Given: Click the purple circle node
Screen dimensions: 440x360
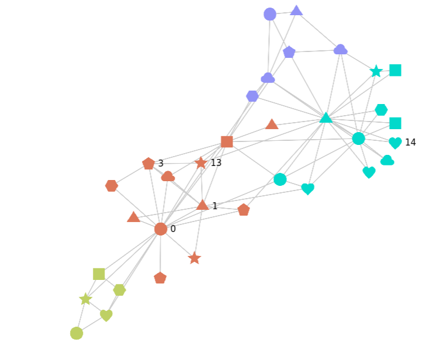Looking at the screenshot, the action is [270, 14].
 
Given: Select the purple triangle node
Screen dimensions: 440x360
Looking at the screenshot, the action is [296, 10].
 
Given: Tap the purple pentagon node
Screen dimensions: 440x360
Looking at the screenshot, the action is [289, 53].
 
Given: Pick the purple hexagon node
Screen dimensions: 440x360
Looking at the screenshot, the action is [252, 96].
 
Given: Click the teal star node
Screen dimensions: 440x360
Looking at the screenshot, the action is [376, 71].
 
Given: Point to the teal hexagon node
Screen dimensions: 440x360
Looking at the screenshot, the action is [381, 110].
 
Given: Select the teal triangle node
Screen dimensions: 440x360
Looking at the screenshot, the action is [326, 118].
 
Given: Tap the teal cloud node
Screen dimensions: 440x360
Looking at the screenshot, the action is [387, 160].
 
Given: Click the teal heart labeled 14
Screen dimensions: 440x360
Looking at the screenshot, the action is [395, 143].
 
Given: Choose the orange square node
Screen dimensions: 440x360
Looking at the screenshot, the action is [227, 141].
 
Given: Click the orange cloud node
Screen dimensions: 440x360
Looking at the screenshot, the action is [168, 176].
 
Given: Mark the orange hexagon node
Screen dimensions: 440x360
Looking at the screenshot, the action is [112, 186].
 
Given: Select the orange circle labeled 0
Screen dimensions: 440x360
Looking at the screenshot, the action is [161, 229].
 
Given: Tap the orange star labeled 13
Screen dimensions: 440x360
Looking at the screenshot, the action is [201, 163].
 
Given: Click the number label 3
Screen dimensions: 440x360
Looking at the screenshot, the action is [161, 164].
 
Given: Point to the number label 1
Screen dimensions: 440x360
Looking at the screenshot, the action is [214, 206].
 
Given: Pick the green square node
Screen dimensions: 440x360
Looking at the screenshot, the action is [99, 274].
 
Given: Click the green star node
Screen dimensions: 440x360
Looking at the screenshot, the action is [86, 299].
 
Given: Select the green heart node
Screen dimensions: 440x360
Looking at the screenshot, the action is [106, 316].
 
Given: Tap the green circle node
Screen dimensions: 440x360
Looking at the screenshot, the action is [77, 333].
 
